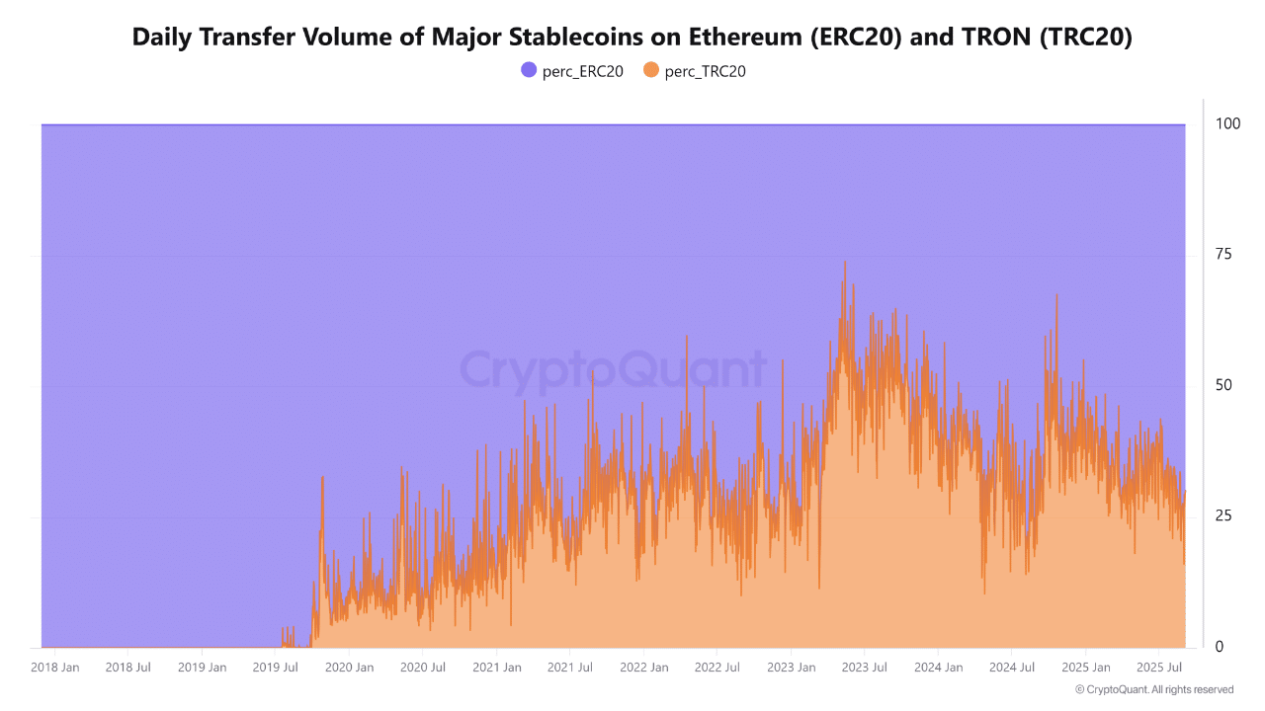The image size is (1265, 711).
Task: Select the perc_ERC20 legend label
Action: [583, 71]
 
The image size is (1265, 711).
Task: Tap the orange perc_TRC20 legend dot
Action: [650, 70]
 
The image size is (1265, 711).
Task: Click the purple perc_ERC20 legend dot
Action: [529, 70]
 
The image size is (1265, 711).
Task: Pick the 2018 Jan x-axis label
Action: [55, 668]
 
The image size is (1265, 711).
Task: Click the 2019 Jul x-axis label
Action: [276, 668]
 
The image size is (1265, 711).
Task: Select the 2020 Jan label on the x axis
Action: [350, 668]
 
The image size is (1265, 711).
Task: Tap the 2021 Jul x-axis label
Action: [570, 668]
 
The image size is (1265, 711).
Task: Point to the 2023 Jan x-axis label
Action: [792, 668]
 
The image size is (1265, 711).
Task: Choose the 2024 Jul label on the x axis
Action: [1012, 668]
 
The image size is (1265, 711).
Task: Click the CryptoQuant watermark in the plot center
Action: [613, 370]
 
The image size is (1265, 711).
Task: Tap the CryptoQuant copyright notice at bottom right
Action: [1153, 689]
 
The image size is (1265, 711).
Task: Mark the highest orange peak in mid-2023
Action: [844, 263]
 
